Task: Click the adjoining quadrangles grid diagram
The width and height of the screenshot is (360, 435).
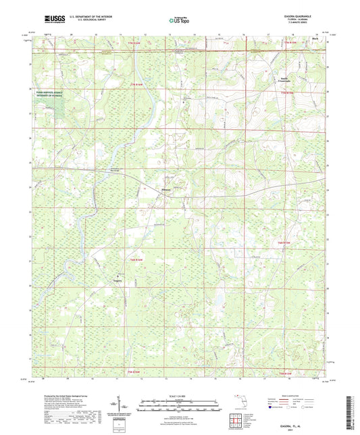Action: click(237, 421)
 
